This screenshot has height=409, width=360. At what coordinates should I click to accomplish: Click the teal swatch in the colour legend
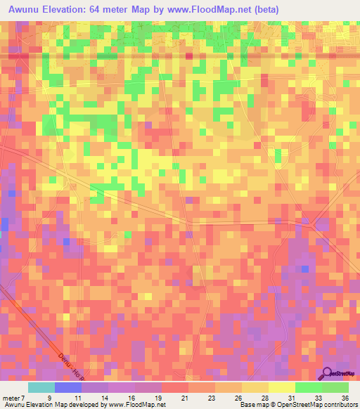41,387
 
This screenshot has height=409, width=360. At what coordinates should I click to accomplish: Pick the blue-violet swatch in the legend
68,387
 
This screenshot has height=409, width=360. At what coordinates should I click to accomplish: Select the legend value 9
48,397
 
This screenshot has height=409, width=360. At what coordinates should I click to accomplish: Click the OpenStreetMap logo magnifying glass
327,373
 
